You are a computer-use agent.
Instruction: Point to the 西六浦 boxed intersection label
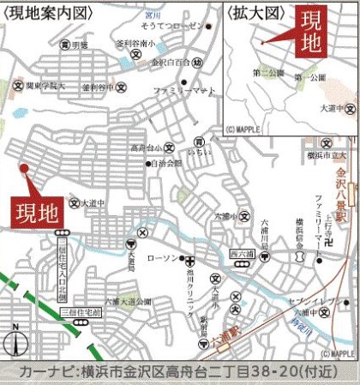pos(245,254)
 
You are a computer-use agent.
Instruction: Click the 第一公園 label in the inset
pos(311,78)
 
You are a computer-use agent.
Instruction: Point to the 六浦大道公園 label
pos(129,303)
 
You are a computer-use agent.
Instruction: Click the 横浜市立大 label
pos(331,155)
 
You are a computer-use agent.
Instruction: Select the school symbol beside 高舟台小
pos(170,148)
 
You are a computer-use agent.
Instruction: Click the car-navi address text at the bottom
pos(180,372)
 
